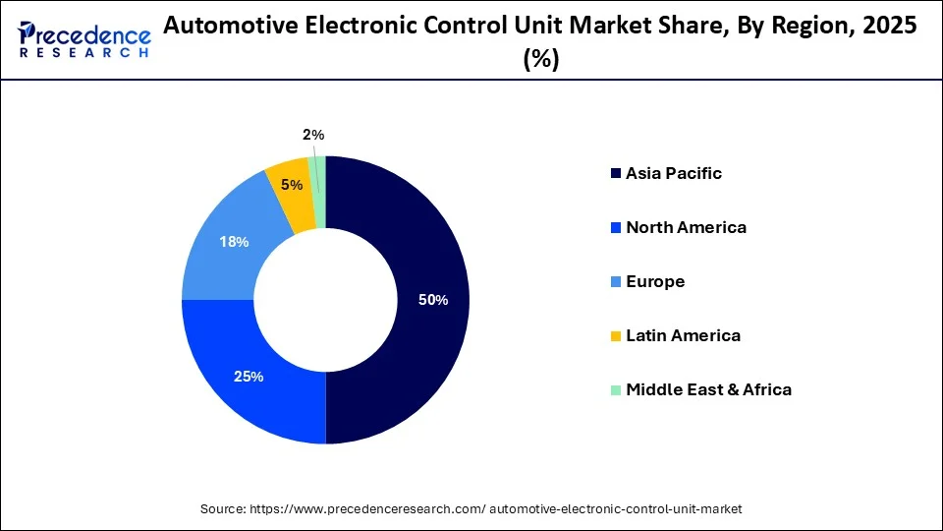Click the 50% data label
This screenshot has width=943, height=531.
click(433, 300)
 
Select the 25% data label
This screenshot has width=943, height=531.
click(249, 377)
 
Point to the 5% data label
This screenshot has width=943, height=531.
click(291, 185)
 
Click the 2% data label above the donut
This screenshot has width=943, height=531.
click(312, 135)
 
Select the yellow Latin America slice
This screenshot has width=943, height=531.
click(289, 197)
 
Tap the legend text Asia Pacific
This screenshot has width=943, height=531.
click(673, 174)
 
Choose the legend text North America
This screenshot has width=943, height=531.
click(686, 228)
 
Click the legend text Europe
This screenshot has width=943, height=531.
click(655, 282)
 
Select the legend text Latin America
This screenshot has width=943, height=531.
click(683, 336)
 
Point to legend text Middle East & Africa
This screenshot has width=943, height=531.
click(708, 390)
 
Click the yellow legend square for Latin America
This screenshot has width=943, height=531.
click(616, 336)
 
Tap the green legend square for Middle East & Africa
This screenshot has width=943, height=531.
click(616, 390)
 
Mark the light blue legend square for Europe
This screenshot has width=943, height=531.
click(616, 282)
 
